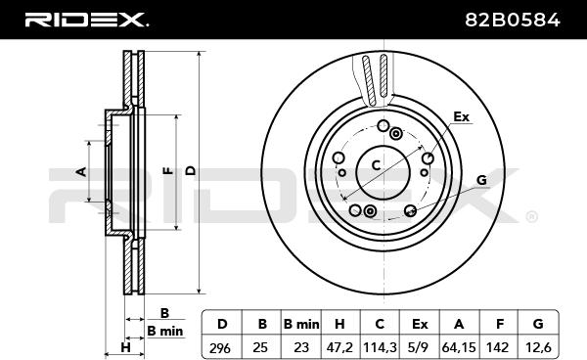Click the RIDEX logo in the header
[x=86, y=20]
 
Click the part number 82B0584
[x=513, y=20]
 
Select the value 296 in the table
[x=220, y=348]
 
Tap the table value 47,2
[x=339, y=347]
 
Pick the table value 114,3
[x=380, y=347]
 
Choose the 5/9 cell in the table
[x=420, y=347]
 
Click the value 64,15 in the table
[x=459, y=347]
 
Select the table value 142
[x=498, y=347]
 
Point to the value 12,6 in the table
[x=538, y=347]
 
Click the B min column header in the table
[x=301, y=324]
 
